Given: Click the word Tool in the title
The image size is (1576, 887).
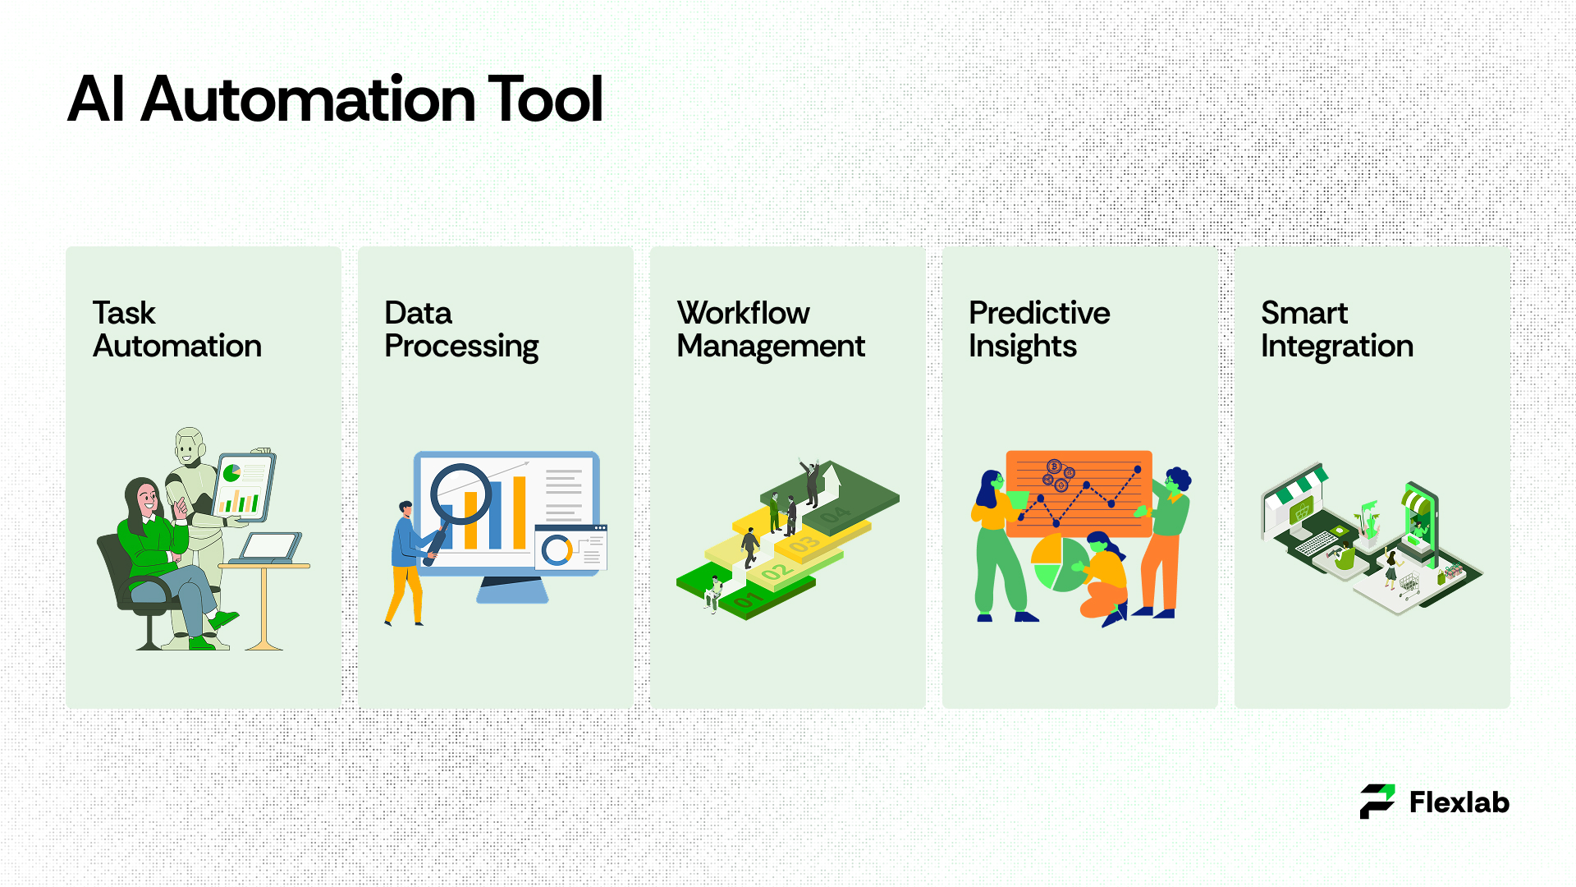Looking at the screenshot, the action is [x=546, y=99].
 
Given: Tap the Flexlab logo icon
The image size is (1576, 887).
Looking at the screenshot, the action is [x=1377, y=802].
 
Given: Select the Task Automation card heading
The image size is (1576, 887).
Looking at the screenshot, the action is [x=177, y=329].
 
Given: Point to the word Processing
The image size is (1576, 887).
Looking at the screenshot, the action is [x=461, y=347].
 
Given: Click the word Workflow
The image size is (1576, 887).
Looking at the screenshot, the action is [x=743, y=313].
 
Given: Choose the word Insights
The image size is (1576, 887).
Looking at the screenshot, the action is [x=1023, y=347].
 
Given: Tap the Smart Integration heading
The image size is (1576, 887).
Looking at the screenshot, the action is [x=1337, y=329].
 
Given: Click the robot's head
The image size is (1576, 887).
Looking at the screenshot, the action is [x=190, y=447].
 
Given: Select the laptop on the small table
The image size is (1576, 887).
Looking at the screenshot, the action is [x=268, y=547].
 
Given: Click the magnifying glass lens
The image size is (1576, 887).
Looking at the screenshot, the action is [x=461, y=495].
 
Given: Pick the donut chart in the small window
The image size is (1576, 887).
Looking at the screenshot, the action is [x=557, y=549].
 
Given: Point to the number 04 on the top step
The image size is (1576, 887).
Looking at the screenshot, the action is [x=836, y=516].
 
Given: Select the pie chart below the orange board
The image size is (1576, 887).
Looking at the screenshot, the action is [x=1059, y=563].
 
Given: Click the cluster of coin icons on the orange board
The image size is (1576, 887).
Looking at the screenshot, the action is [x=1057, y=475].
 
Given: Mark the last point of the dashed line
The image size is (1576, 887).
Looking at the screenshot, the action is [x=1138, y=469].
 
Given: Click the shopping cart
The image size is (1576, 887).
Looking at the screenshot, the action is [x=1409, y=584].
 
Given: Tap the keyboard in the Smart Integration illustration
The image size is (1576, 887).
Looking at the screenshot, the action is [x=1317, y=543].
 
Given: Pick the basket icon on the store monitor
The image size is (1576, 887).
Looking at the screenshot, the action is [x=1300, y=513].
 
